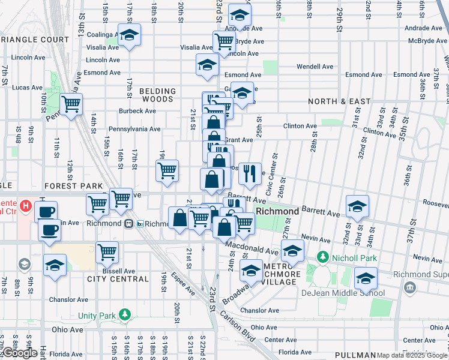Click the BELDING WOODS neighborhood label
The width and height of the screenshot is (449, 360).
pos(158,95)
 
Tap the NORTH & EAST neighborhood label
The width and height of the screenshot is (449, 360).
pos(339,101)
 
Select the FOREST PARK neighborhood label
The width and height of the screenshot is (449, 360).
pos(76,186)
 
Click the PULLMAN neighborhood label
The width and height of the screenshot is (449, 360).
pos(355,355)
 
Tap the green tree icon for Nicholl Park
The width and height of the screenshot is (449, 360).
pos(323,257)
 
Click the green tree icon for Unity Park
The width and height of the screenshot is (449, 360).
pos(125,314)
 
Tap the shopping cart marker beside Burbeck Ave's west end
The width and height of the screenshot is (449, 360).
pos(71,104)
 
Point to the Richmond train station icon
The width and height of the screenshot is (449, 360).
pos(128,224)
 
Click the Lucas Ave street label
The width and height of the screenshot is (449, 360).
pos(27,88)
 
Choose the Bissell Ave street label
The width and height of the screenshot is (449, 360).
pos(116,271)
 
